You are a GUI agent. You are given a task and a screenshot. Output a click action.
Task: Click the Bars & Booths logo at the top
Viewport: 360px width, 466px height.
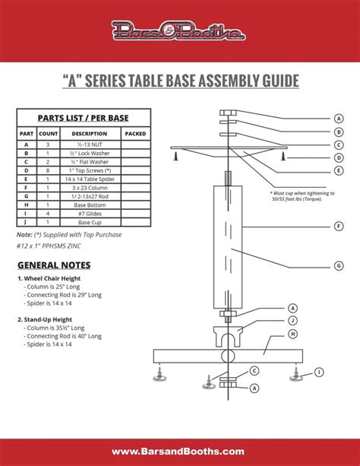coord(179,31)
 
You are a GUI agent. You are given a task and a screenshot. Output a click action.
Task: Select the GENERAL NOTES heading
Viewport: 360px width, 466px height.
coord(54,265)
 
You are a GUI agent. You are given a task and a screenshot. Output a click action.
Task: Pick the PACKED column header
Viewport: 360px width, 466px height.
coord(135,133)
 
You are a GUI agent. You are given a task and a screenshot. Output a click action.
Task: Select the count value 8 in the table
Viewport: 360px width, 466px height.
coord(48,169)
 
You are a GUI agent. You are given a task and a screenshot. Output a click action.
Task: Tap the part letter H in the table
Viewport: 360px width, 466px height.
coord(27,204)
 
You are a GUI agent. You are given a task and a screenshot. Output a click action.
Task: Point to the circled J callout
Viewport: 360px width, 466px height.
coord(292,321)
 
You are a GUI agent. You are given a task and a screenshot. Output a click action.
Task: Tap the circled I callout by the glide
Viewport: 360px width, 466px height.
coord(319,372)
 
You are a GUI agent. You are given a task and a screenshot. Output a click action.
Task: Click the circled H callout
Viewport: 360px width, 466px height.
coord(292,334)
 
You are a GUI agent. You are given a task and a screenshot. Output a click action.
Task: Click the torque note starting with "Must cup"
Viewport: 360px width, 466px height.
coord(301,195)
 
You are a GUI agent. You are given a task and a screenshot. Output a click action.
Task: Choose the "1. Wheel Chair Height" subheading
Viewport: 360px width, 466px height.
coord(50,278)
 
